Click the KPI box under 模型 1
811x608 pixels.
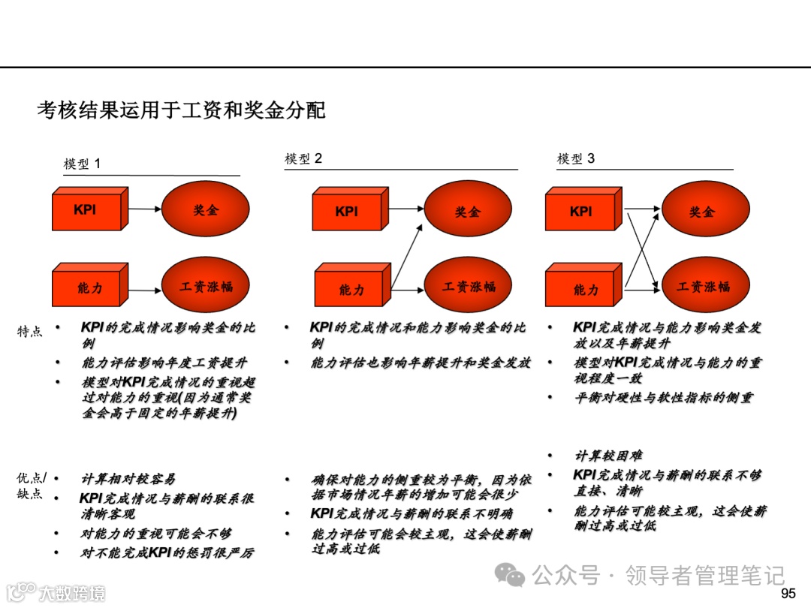point(86,211)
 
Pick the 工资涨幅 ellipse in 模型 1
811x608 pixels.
point(206,287)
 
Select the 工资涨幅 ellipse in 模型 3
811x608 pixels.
point(702,287)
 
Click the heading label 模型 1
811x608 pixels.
point(82,164)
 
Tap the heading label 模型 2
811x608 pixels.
point(303,158)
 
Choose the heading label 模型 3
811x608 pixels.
point(576,158)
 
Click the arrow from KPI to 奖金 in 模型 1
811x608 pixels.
point(144,209)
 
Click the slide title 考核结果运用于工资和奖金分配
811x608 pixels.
point(181,110)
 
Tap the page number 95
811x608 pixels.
point(788,594)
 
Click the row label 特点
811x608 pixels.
point(30,331)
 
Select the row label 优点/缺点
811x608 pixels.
point(31,486)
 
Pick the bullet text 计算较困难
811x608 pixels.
point(608,456)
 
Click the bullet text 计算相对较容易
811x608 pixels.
point(128,479)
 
